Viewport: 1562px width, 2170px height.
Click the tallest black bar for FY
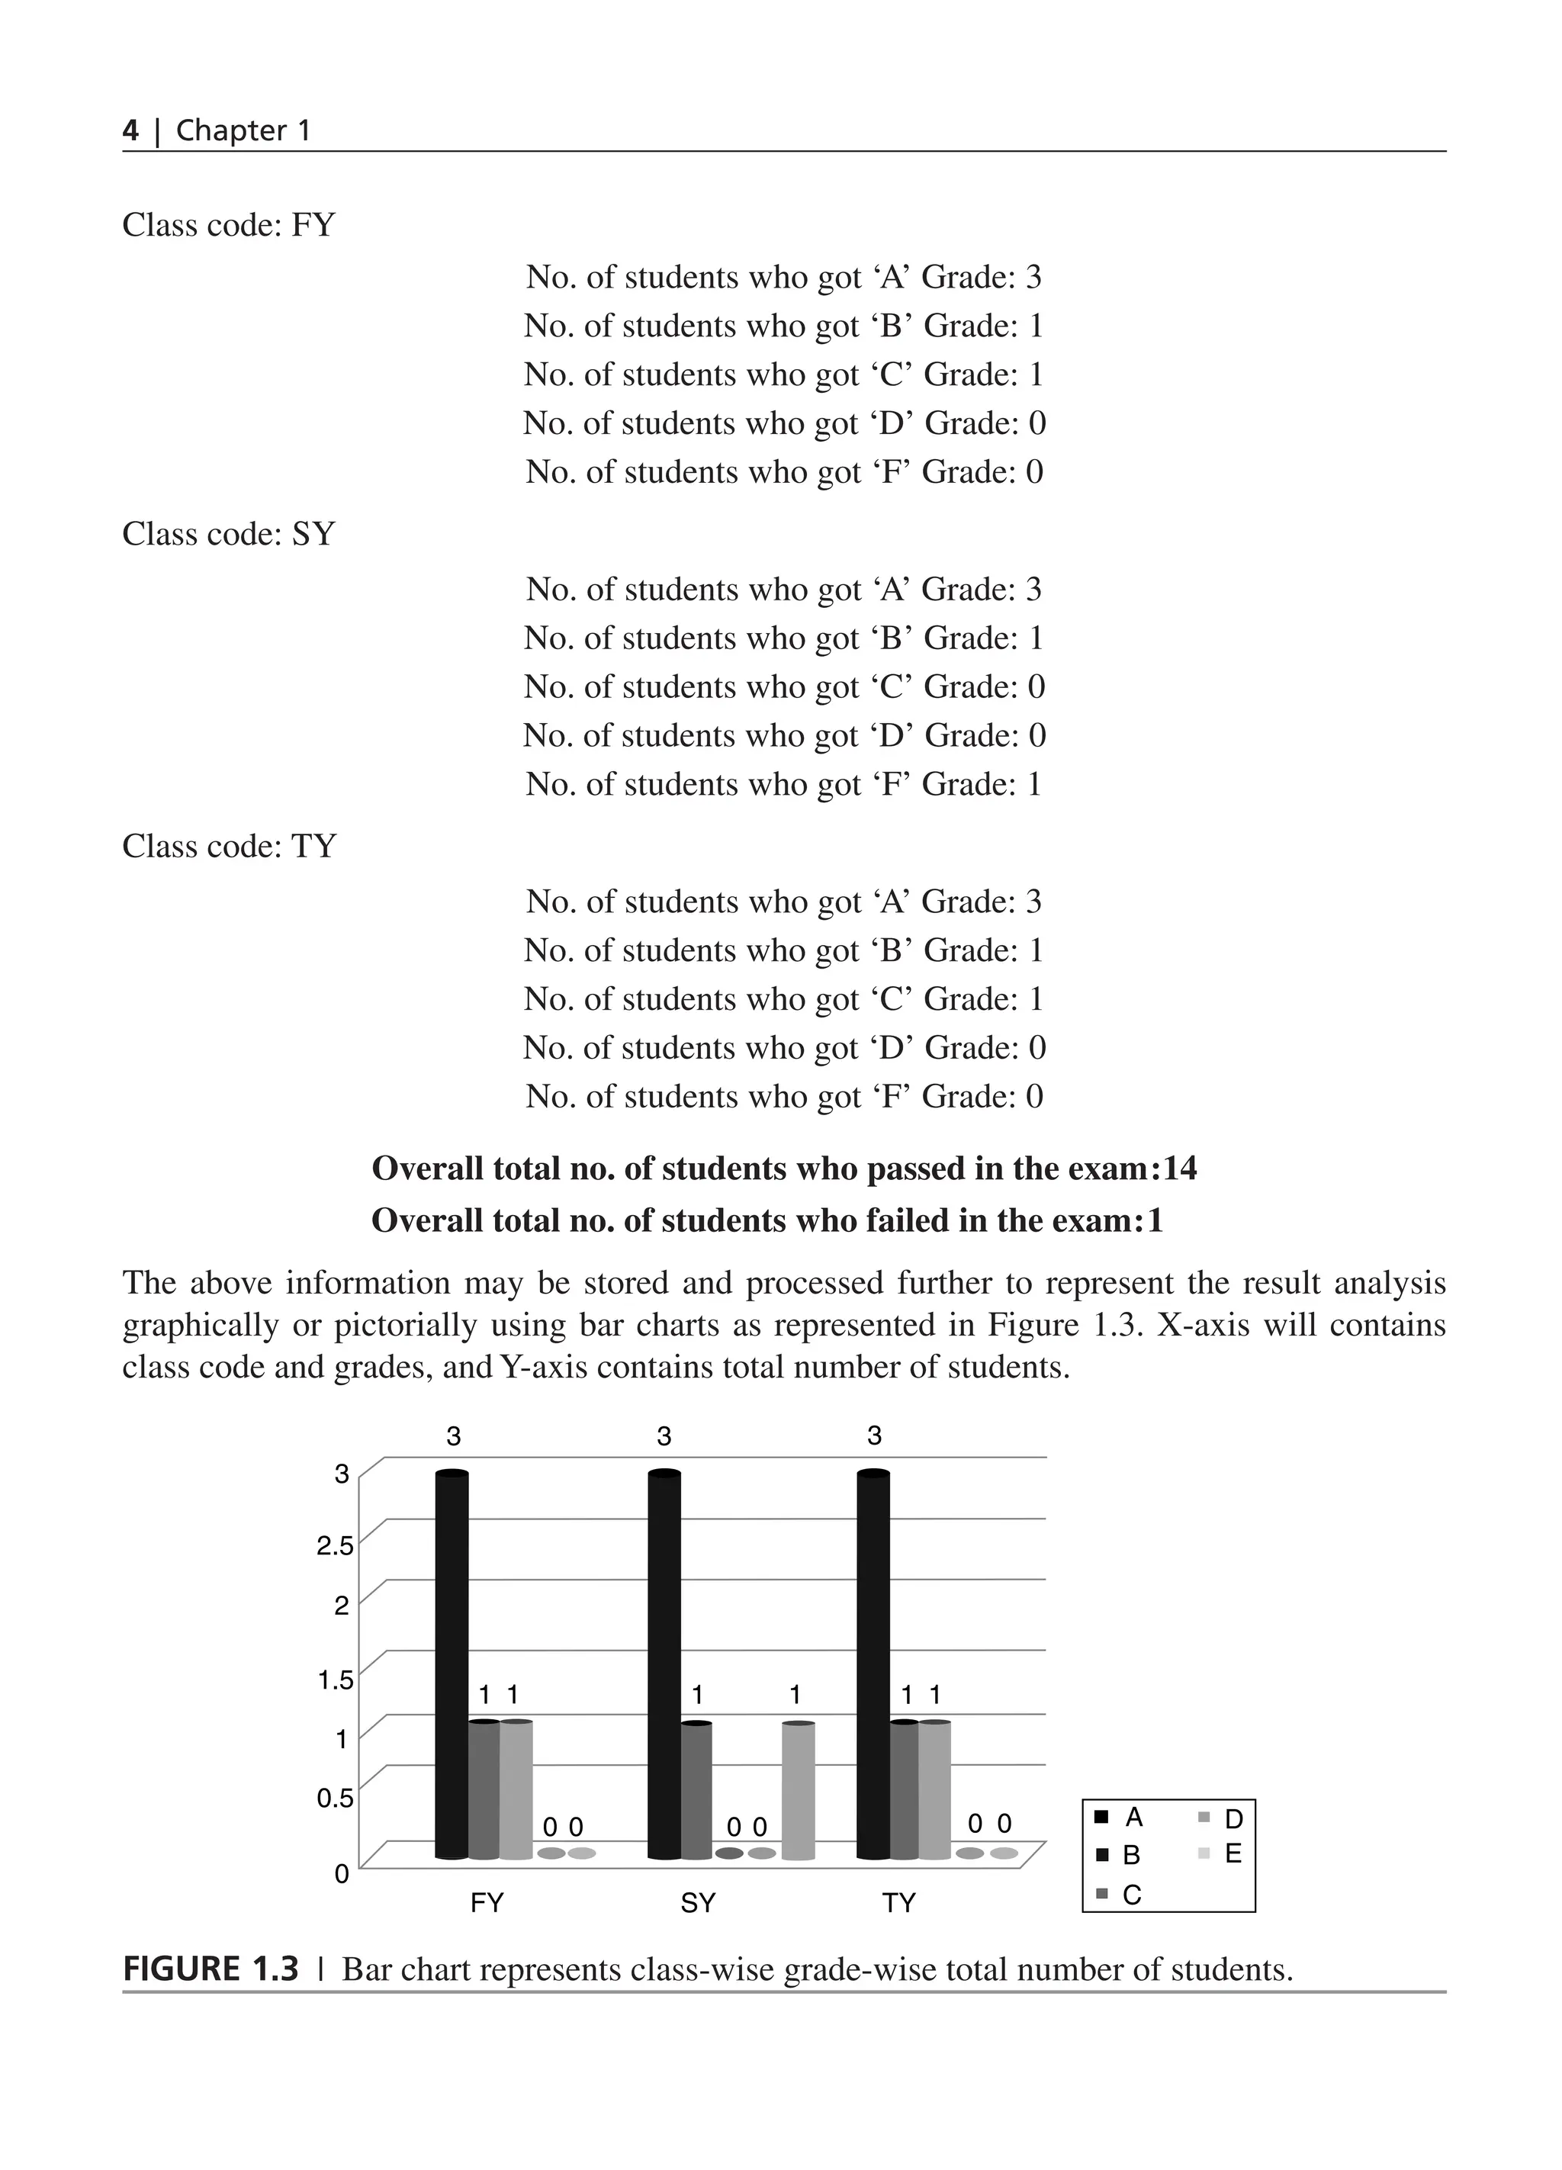(452, 1665)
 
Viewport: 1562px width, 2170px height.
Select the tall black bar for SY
(664, 1665)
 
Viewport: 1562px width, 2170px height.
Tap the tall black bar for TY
(873, 1665)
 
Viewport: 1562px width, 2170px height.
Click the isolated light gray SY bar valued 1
(798, 1790)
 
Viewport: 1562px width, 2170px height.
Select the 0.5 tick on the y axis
(335, 1798)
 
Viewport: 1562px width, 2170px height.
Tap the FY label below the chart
(487, 1903)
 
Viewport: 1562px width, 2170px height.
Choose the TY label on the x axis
(899, 1903)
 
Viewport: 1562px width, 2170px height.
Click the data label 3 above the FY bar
(453, 1436)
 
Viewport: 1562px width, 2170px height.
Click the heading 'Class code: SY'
(229, 534)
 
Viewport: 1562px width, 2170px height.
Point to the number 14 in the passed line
(1179, 1169)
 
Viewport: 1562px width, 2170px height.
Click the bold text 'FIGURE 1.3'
(211, 1970)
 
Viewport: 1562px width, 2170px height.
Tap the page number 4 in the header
(130, 130)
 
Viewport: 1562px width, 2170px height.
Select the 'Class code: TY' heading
(229, 846)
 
